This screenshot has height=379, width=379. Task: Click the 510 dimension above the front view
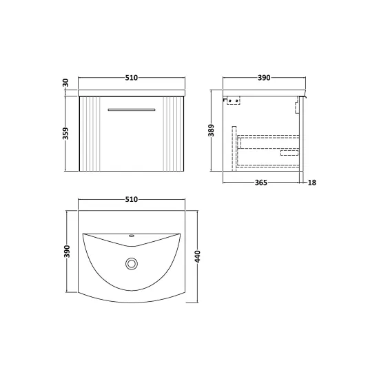point(131,78)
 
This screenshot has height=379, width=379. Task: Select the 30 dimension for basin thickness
point(65,83)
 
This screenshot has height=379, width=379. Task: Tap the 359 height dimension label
point(65,134)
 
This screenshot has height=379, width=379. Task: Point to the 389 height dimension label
point(211,130)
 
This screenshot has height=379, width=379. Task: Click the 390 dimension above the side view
point(264,78)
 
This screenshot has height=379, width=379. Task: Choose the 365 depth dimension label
point(261,183)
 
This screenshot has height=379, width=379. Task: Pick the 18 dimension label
point(311,183)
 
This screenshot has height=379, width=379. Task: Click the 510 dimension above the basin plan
point(131,199)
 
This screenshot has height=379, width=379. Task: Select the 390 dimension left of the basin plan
point(67,252)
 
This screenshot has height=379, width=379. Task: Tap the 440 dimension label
point(198,257)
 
